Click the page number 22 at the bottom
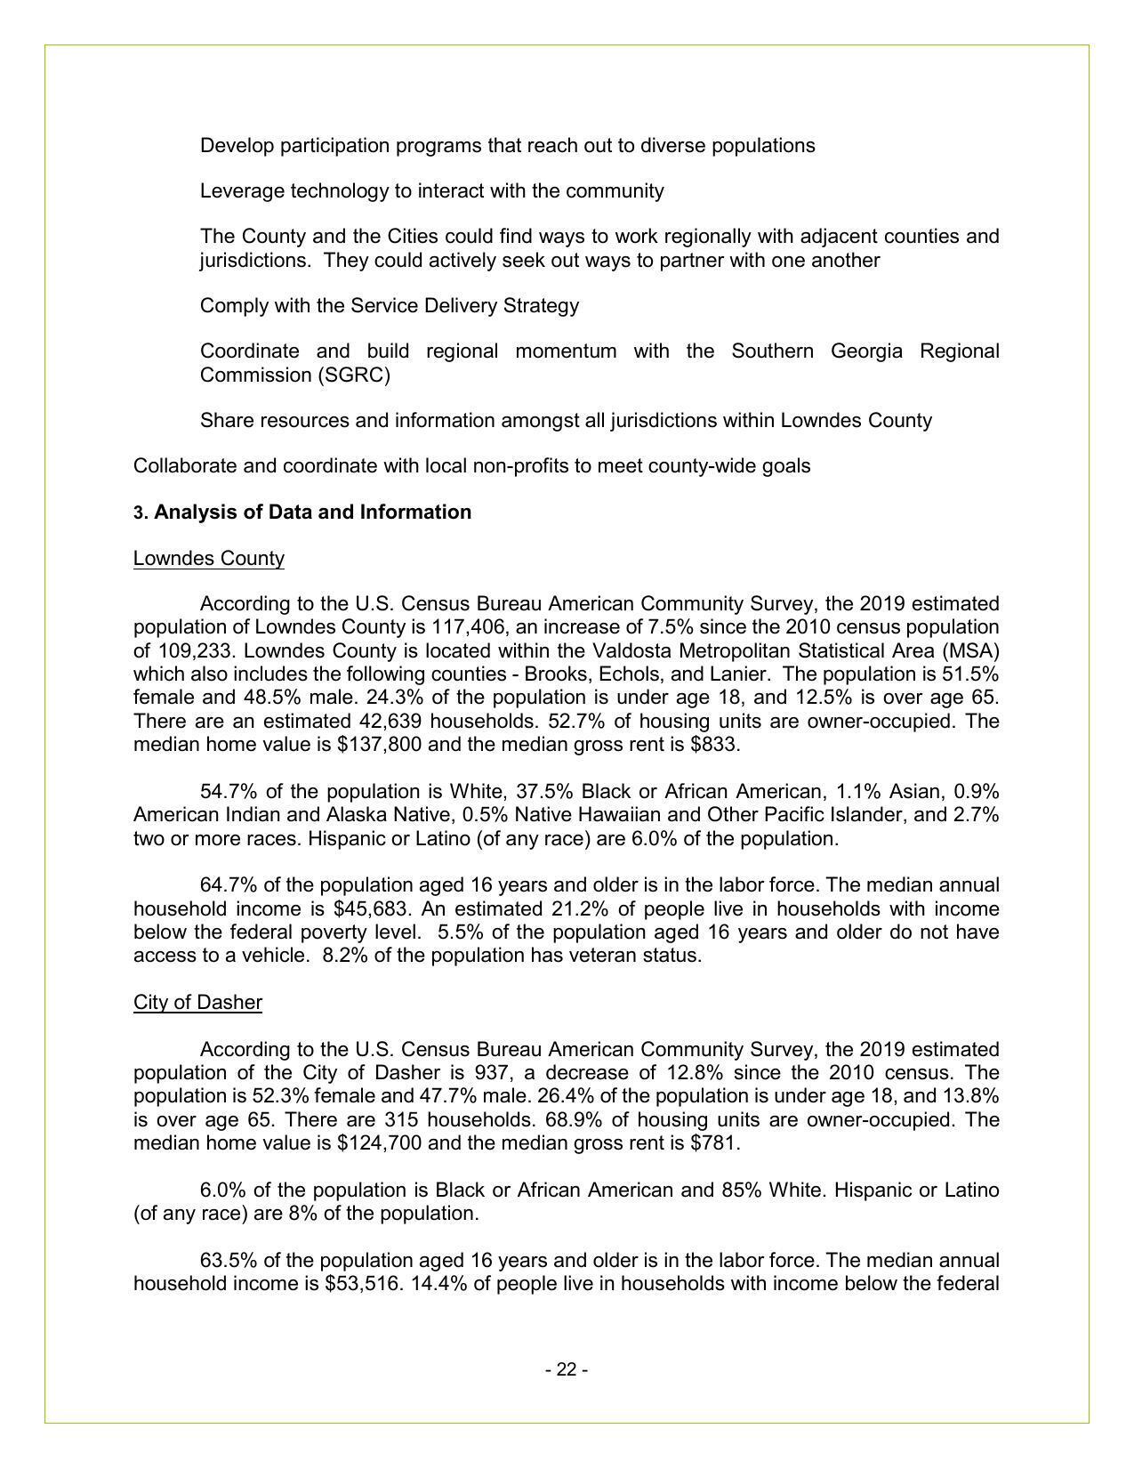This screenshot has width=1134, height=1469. point(567,1369)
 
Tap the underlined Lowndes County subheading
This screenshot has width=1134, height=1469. point(209,559)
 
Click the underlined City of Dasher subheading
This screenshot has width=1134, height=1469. point(197,1003)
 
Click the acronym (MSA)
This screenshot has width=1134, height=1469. point(975,650)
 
